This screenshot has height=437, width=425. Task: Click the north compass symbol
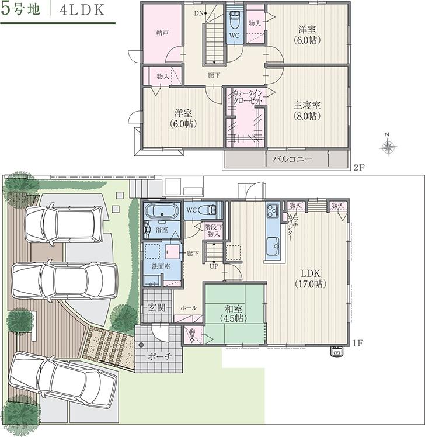click(387, 147)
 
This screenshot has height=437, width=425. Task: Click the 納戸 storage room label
click(163, 34)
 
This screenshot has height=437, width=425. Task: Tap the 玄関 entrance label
click(155, 308)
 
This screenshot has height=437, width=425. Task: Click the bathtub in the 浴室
click(162, 211)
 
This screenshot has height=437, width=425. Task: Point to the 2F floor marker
click(358, 167)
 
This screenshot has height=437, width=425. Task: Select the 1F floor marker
click(358, 344)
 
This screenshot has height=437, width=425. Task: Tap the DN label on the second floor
click(198, 12)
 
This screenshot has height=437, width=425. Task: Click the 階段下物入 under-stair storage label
click(212, 230)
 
